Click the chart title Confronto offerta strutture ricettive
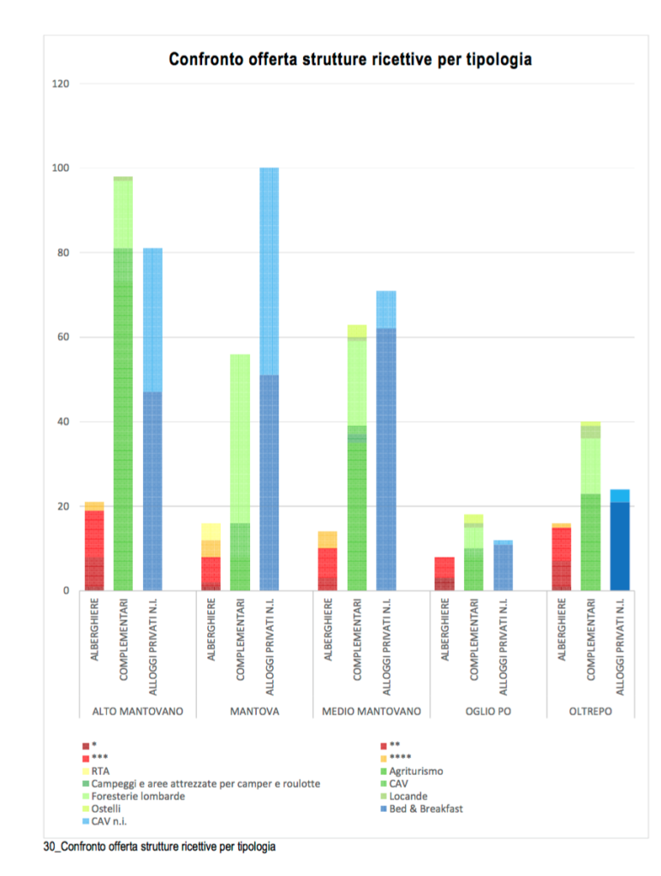tap(350, 59)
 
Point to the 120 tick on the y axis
tap(60, 84)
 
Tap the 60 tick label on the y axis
tap(63, 337)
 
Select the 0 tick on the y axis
tap(66, 591)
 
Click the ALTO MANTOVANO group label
tap(137, 711)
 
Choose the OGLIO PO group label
tap(487, 711)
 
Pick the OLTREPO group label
tap(590, 711)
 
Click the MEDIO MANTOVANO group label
tap(371, 711)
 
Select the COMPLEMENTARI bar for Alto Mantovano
tap(123, 384)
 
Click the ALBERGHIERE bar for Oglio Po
tap(444, 574)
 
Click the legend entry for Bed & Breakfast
tap(425, 808)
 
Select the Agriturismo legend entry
tap(416, 771)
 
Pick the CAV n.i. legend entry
tap(110, 821)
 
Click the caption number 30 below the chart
tap(49, 847)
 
